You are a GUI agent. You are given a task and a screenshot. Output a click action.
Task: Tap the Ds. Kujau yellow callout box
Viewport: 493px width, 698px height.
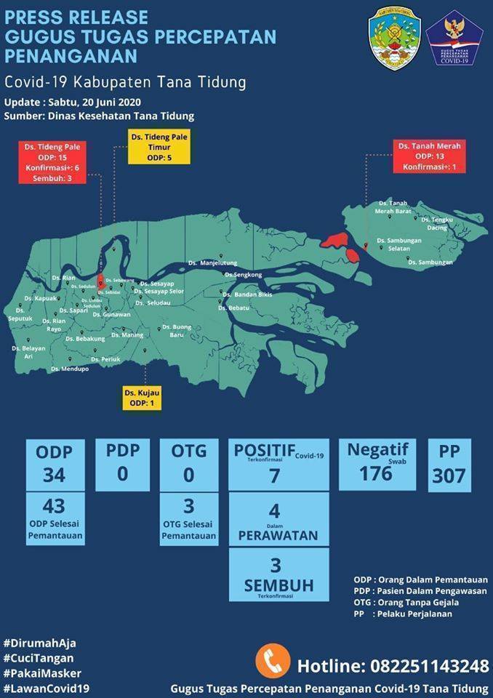(142, 398)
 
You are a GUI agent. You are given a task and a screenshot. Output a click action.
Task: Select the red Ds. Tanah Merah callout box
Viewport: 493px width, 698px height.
(429, 156)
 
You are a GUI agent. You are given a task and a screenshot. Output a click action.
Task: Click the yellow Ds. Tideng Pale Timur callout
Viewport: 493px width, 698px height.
(159, 147)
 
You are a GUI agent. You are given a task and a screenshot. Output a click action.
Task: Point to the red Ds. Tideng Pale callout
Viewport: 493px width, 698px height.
(51, 162)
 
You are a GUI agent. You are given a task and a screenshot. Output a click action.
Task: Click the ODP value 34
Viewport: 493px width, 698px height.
(54, 475)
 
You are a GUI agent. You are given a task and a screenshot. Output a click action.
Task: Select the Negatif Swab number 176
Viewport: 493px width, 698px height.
(376, 473)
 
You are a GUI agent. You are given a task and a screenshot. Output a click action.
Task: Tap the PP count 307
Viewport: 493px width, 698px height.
(449, 476)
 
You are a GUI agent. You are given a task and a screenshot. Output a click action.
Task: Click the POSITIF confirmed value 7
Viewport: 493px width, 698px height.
(273, 476)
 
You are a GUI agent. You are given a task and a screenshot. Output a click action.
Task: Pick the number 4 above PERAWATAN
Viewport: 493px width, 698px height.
(273, 510)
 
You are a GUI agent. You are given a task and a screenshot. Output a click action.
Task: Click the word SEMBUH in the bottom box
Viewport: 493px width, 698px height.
(278, 585)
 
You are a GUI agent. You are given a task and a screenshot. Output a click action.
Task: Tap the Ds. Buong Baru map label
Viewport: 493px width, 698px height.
(177, 331)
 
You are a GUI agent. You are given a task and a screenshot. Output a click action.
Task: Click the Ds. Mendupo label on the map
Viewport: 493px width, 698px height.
(70, 369)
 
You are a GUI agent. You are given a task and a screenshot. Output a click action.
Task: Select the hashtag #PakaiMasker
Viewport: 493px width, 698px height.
(42, 673)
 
